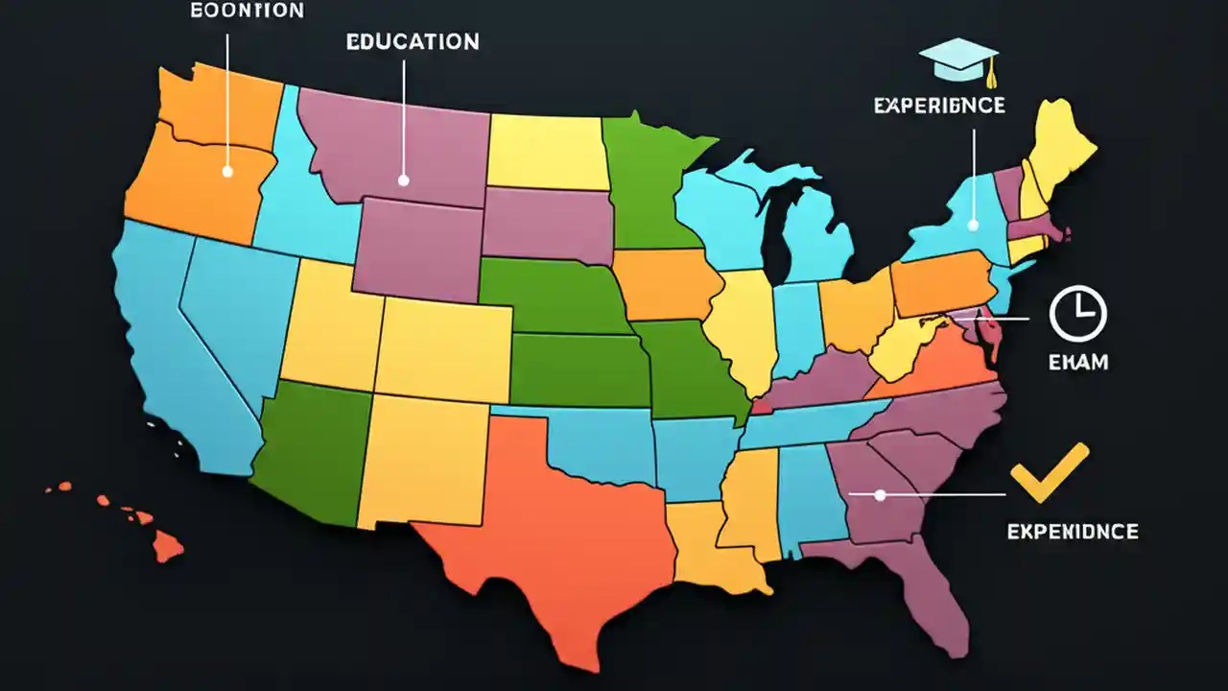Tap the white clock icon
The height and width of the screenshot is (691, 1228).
coord(1077,314)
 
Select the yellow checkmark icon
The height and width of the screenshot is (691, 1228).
coord(1049,473)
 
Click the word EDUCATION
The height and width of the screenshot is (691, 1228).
coord(413,42)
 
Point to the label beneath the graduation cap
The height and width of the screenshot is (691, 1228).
coord(939,105)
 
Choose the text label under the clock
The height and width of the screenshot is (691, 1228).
coord(1077,362)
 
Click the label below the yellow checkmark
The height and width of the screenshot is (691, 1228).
coord(1072,531)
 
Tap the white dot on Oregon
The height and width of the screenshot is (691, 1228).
coord(227,172)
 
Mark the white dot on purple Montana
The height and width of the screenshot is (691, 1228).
coord(403,179)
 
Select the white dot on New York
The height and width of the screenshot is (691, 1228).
coord(973,226)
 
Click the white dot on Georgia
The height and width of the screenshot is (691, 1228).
coord(880,495)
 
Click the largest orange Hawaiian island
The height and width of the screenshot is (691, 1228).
coord(168,547)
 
